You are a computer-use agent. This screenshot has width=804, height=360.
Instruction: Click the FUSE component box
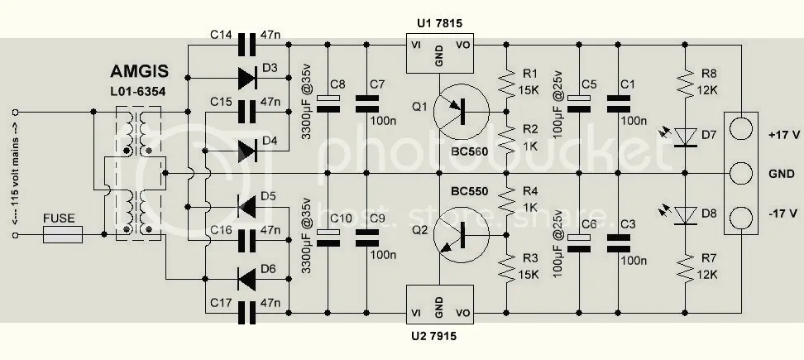(63, 236)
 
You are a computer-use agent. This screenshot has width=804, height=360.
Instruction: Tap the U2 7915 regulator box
(438, 305)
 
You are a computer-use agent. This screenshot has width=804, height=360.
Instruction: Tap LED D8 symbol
(686, 216)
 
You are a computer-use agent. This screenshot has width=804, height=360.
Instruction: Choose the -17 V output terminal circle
(742, 218)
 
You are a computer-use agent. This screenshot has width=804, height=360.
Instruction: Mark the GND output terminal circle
(742, 175)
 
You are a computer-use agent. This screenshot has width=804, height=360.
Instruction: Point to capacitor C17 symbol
(246, 313)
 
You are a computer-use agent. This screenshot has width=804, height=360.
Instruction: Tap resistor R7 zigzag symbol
(686, 267)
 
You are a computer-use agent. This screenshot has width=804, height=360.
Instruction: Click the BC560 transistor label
(468, 154)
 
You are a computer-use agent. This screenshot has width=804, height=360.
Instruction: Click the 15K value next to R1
(532, 89)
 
